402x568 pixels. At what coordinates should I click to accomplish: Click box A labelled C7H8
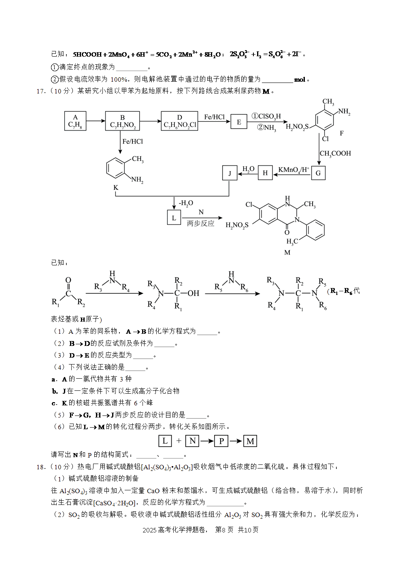75,121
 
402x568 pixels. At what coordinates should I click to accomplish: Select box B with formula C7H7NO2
123,121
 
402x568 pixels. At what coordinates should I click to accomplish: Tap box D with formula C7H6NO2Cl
179,121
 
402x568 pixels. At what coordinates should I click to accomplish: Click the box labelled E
239,122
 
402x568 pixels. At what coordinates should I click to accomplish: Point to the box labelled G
318,173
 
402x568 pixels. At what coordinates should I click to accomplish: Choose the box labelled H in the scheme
265,173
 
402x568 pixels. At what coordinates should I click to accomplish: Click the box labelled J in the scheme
230,173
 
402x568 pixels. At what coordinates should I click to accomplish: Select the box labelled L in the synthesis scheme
174,218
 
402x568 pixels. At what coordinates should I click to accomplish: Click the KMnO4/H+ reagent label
294,170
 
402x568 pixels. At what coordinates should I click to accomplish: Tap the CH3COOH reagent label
335,154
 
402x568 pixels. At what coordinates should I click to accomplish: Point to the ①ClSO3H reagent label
266,117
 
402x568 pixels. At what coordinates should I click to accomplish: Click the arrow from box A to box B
96,121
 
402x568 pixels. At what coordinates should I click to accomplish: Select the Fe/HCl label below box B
132,142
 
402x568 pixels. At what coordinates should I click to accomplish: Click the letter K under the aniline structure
116,187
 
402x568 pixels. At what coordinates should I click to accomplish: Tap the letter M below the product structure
287,252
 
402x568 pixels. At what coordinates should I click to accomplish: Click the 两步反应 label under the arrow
200,223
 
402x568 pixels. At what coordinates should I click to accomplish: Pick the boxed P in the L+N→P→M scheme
221,441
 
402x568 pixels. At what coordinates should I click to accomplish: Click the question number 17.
41,91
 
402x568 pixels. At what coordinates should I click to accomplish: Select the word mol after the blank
300,80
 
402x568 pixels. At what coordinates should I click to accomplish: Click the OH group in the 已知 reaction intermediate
194,293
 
